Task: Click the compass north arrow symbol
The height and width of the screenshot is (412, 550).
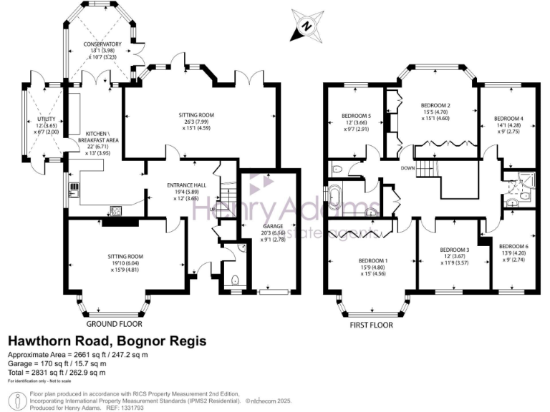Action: [306, 26]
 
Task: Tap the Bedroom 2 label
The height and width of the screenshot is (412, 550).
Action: [440, 105]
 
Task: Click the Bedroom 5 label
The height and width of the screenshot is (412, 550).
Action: [356, 115]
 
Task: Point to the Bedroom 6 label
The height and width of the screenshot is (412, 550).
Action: [513, 245]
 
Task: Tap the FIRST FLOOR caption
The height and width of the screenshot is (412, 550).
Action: [370, 324]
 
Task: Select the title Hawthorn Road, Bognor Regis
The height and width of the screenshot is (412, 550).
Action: [107, 341]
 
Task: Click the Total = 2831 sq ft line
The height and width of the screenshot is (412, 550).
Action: [57, 372]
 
